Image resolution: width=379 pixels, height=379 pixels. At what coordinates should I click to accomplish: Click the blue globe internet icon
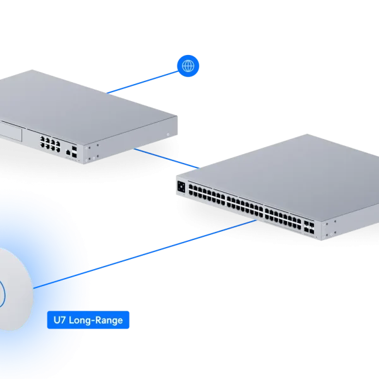click(x=188, y=65)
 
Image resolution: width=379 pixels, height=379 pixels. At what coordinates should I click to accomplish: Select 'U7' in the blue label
click(x=59, y=320)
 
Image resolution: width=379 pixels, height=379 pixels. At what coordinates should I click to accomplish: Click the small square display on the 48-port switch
click(x=183, y=187)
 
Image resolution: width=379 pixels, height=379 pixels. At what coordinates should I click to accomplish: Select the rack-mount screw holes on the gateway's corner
click(x=92, y=151)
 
